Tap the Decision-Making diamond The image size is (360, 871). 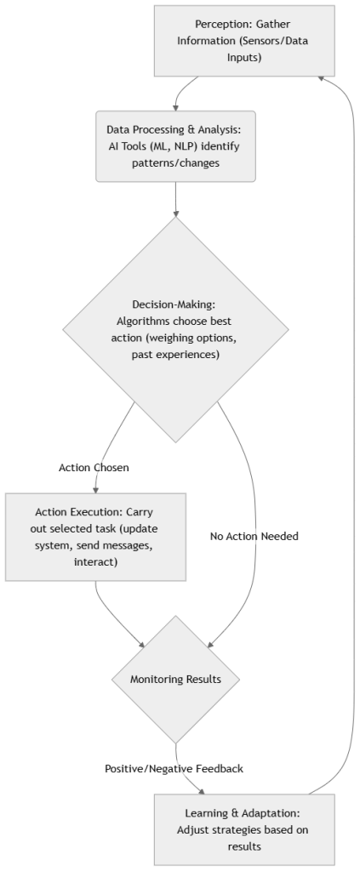point(175,330)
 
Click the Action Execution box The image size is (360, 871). point(95,538)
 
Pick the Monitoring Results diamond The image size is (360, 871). point(175,680)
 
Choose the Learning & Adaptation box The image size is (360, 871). point(232,829)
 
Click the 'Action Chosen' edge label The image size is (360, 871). point(94,468)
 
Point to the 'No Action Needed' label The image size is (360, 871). point(254,537)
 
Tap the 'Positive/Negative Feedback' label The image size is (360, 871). point(174,768)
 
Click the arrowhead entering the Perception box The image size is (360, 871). point(320,77)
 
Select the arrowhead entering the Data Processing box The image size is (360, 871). point(175,107)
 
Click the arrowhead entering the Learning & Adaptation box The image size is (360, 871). point(203,791)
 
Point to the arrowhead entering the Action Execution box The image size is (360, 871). point(95,489)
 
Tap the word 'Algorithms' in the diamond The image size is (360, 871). point(143,322)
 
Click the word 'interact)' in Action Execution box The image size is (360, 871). point(95,562)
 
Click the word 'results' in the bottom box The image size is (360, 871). point(232,846)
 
